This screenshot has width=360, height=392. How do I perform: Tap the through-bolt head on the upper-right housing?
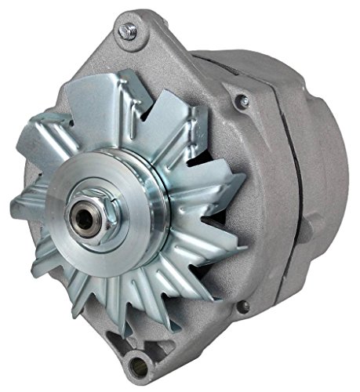click(x=245, y=101)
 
